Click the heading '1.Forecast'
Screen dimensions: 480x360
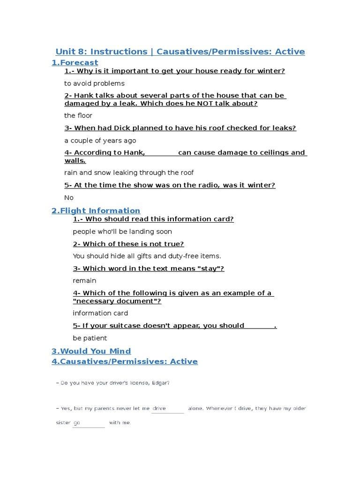tap(75, 62)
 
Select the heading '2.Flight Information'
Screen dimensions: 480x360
tap(96, 210)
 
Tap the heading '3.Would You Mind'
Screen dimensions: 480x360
tap(91, 351)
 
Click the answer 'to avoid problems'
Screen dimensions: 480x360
tap(94, 83)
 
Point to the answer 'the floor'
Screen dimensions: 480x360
tap(78, 115)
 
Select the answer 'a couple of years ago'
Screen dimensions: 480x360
tap(100, 141)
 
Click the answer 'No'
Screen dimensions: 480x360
tap(69, 198)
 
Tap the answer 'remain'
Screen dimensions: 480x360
tap(84, 281)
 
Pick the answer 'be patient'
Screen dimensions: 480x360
tap(90, 338)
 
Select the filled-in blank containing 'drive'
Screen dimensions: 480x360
tap(168, 409)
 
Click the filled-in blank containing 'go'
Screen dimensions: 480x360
tap(88, 423)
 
